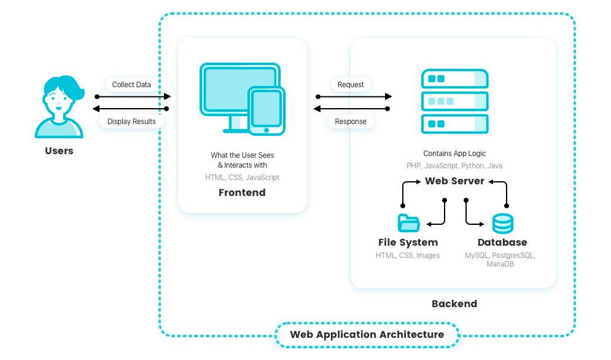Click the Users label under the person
[x=59, y=151]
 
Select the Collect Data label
[x=131, y=84]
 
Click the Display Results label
[x=131, y=122]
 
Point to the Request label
[x=351, y=84]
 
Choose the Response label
[x=351, y=122]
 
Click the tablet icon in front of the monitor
[x=266, y=110]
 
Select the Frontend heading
[x=242, y=192]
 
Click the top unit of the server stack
[x=454, y=79]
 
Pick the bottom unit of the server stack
[x=454, y=124]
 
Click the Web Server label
[x=454, y=181]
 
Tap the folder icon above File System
[x=408, y=223]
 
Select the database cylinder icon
[x=503, y=223]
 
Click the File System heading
[x=408, y=243]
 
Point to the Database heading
[x=502, y=243]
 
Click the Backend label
[x=454, y=303]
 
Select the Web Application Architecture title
[x=367, y=335]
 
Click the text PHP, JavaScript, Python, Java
[x=454, y=166]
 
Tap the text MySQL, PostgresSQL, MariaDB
[x=500, y=259]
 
